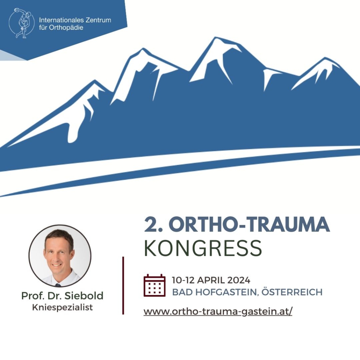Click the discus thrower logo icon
tap(22, 23)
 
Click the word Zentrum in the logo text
tap(98, 20)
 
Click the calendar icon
tap(154, 285)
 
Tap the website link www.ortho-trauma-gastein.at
tap(218, 311)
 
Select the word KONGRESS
tap(203, 248)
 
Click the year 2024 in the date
tap(239, 280)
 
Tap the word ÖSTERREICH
tap(292, 292)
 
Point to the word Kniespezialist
tap(63, 307)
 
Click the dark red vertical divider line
tap(123, 286)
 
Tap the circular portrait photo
tap(60, 256)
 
